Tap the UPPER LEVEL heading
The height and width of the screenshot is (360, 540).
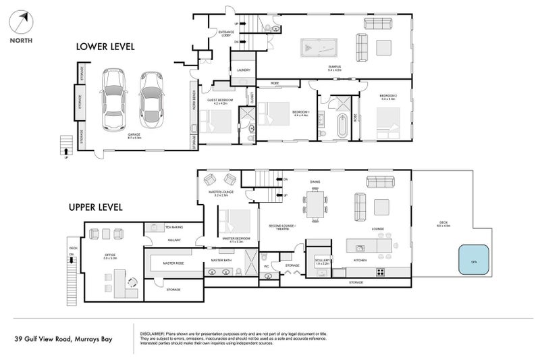pos(95,207)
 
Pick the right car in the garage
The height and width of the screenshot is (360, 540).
pos(151,101)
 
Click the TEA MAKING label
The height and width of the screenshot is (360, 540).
pos(173,228)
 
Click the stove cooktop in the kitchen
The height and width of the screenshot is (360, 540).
pos(380,273)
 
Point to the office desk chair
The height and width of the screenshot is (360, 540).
pos(132,284)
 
